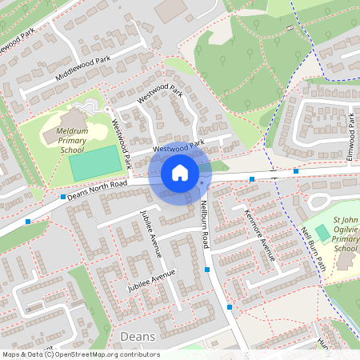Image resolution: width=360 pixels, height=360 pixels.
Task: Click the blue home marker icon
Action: (180, 173)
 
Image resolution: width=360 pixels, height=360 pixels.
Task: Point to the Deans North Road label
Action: (98, 189)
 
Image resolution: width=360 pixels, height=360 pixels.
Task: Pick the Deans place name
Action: (136, 337)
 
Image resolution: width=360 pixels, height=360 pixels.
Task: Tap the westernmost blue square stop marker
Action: (29, 221)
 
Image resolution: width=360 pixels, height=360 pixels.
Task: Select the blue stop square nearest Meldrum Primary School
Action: (62, 196)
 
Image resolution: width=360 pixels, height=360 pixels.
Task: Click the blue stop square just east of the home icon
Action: (252, 179)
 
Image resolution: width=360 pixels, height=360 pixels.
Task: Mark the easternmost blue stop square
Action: (296, 171)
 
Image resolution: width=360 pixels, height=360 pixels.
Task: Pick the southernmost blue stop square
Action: (230, 306)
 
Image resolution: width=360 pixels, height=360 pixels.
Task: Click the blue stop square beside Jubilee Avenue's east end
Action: (207, 270)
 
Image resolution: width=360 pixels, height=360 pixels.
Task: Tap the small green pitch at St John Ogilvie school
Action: (322, 231)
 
